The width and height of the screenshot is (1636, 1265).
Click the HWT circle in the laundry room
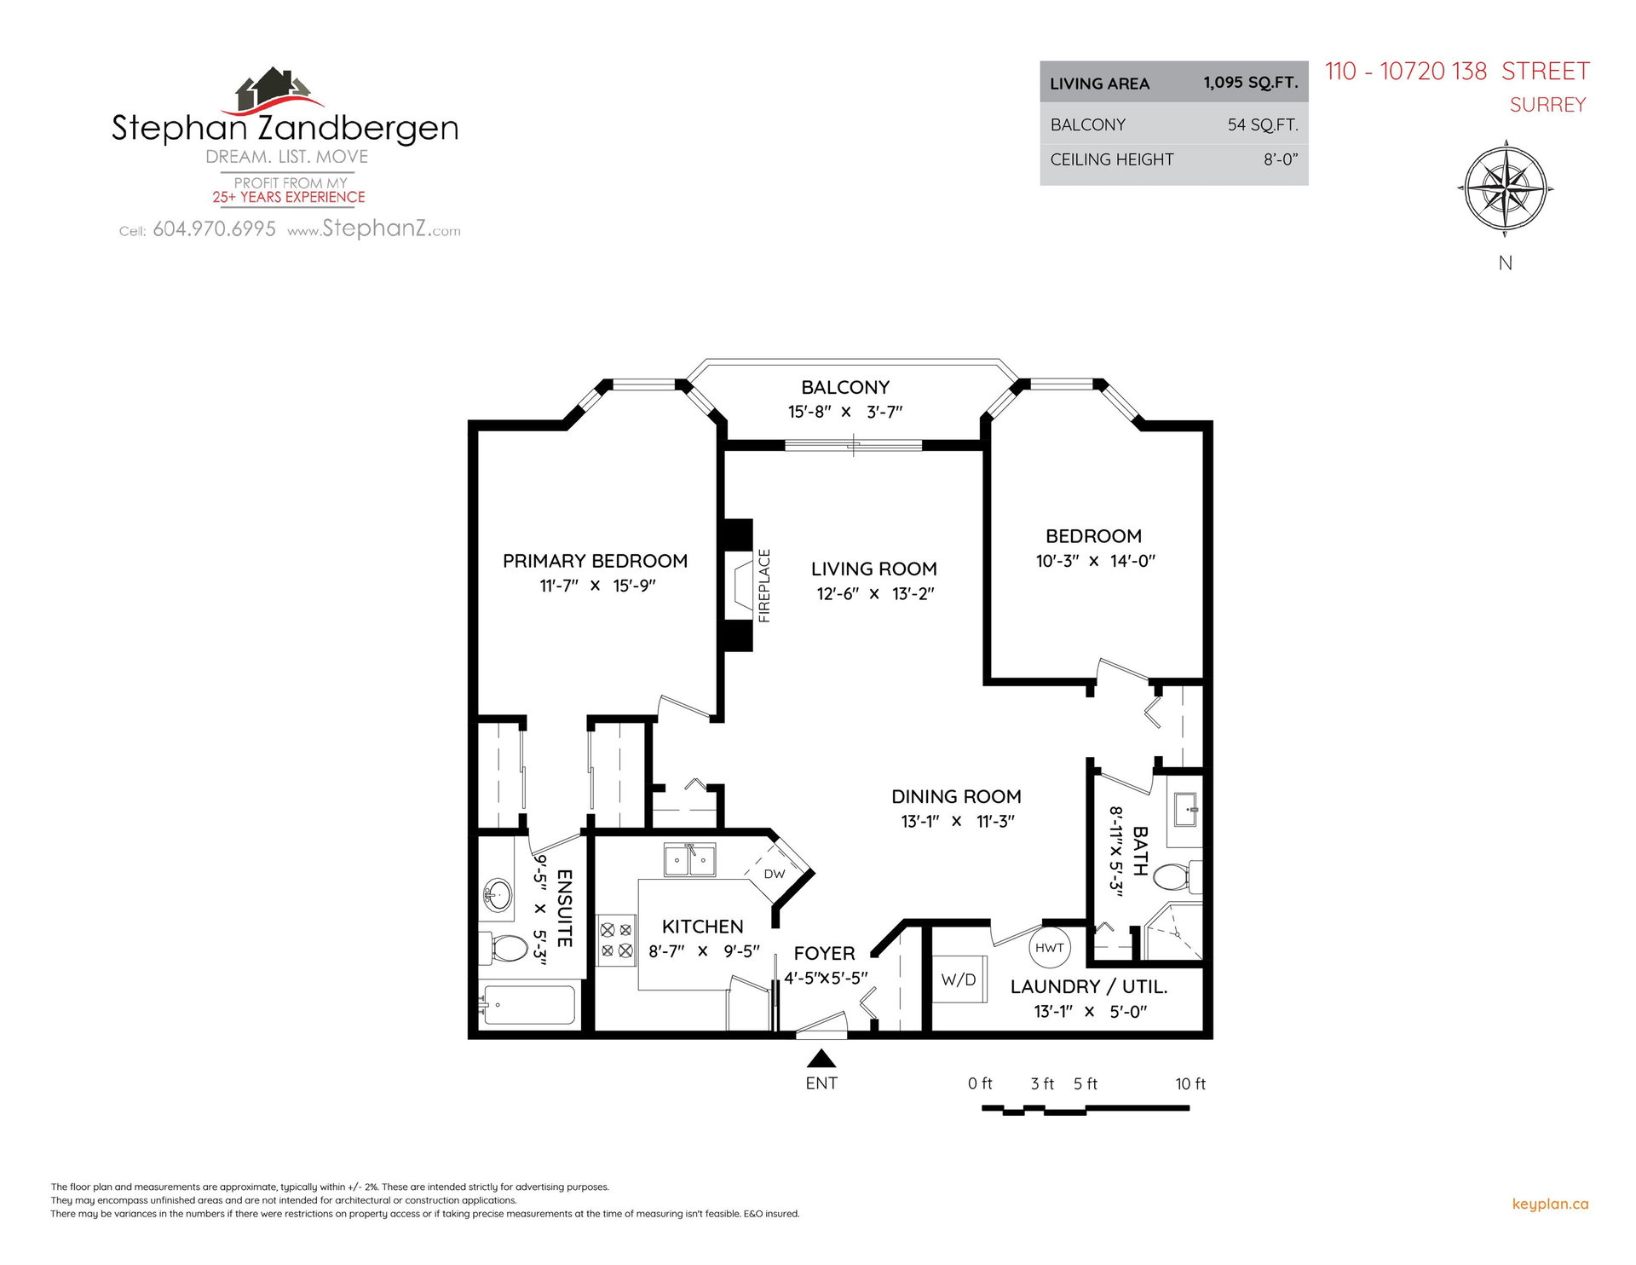[x=1050, y=947]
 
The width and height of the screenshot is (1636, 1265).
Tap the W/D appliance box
[x=959, y=979]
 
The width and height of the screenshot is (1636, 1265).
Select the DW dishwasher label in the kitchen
[x=775, y=874]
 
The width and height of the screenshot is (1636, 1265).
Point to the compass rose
[x=1506, y=188]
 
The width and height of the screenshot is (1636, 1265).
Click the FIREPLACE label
[x=764, y=586]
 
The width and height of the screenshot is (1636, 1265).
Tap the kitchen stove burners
[x=616, y=940]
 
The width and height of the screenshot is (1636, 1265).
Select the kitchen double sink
[x=690, y=859]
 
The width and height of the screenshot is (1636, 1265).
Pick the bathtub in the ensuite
[x=528, y=1005]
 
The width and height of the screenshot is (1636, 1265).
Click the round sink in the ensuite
[x=498, y=895]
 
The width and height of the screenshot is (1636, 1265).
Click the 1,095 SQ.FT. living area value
[x=1251, y=83]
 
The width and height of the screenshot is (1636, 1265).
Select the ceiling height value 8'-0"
[x=1281, y=159]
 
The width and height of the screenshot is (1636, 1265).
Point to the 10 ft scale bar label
[x=1190, y=1083]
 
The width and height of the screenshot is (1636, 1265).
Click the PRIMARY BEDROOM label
[x=595, y=561]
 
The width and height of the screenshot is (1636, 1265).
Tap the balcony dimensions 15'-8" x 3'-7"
[x=845, y=412]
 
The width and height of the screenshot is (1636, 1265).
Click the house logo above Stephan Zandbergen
[x=274, y=91]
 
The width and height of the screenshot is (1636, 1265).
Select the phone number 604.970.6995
[x=215, y=229]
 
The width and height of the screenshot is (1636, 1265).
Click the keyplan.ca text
[x=1550, y=1204]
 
